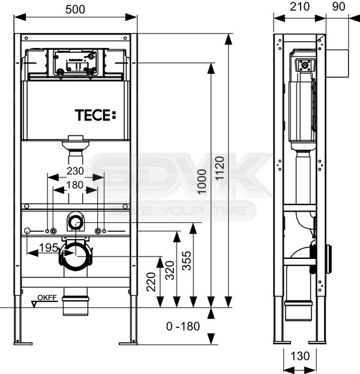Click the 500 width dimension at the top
[x=75, y=10]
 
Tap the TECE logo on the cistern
[x=95, y=115]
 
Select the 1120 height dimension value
[x=220, y=168]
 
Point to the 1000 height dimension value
[x=202, y=182]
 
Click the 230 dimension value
[x=75, y=171]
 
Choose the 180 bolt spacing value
[x=75, y=185]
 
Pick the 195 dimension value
[x=49, y=248]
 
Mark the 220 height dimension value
[x=151, y=282]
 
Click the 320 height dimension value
[x=170, y=270]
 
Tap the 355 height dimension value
[x=187, y=261]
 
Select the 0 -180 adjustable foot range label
[x=183, y=326]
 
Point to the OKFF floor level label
[x=47, y=297]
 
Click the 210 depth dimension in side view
[x=299, y=7]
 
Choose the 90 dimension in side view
[x=338, y=7]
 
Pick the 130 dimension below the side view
[x=300, y=357]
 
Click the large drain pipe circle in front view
[x=76, y=256]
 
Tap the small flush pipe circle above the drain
[x=76, y=222]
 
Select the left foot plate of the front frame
[x=23, y=343]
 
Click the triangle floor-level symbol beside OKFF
[x=35, y=304]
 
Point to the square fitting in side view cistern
[x=305, y=65]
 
